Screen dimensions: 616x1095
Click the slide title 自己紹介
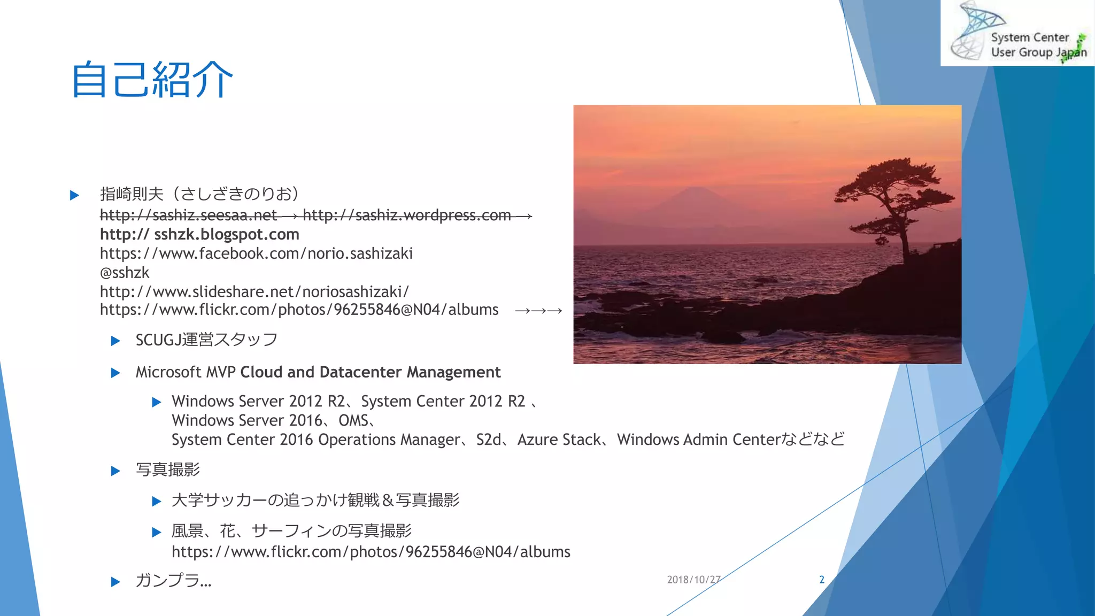(x=152, y=80)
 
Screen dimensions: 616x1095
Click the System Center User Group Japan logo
(x=1017, y=33)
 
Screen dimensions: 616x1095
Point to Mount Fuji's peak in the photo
(x=695, y=189)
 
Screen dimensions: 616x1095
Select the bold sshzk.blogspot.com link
(x=199, y=234)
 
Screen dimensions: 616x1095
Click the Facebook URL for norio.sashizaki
(x=256, y=253)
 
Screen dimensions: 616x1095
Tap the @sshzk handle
(x=125, y=273)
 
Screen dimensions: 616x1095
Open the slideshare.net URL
(x=255, y=292)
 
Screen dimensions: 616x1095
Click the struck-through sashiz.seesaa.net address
(x=188, y=215)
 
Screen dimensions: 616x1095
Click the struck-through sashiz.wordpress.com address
(x=406, y=215)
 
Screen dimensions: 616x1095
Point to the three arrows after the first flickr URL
(x=538, y=311)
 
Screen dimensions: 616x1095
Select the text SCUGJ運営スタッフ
(x=206, y=340)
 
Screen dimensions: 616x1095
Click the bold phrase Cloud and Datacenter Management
(x=371, y=372)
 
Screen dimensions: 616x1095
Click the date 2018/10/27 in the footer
(x=693, y=580)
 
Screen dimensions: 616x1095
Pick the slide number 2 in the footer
(x=822, y=580)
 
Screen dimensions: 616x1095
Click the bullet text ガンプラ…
(x=174, y=581)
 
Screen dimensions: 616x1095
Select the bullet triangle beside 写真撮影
(x=115, y=471)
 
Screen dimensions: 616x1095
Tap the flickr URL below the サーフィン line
(x=371, y=552)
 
